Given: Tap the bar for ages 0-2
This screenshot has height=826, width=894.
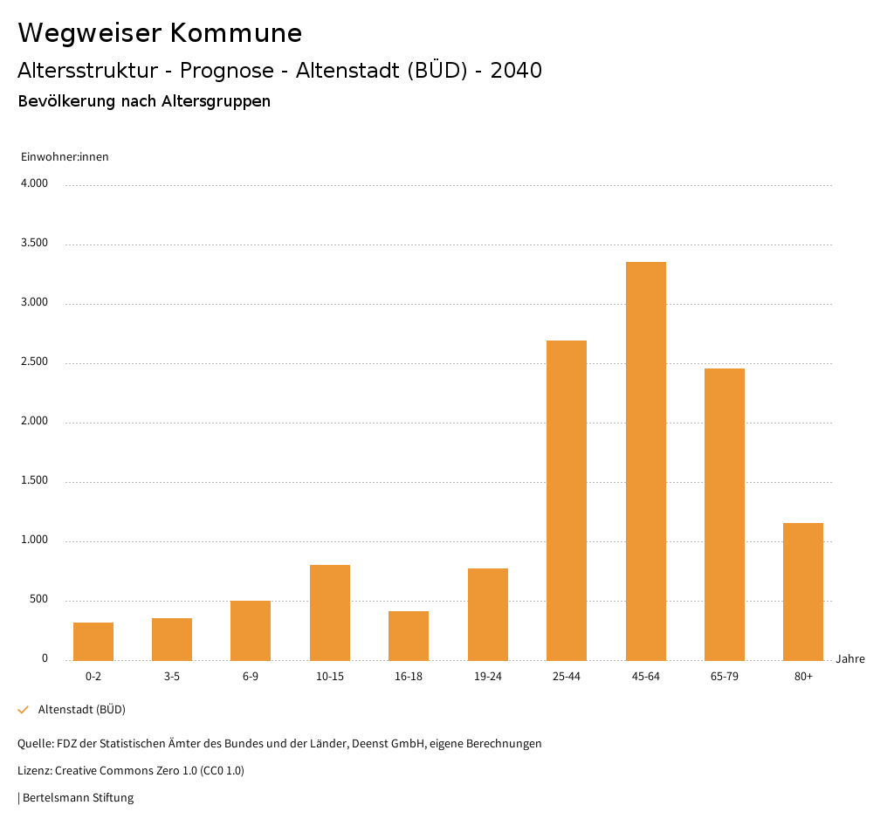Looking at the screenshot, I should tap(93, 642).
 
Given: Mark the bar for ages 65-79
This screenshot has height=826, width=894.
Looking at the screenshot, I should tap(725, 514).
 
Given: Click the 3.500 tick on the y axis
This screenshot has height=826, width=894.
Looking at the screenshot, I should tap(35, 244).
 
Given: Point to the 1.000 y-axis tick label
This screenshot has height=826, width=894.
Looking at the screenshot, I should tap(35, 540).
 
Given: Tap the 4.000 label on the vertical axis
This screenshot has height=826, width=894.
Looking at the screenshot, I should tap(35, 184).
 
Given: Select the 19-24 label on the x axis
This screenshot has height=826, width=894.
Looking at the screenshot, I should tap(487, 677).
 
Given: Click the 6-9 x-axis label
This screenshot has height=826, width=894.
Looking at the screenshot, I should tap(251, 677).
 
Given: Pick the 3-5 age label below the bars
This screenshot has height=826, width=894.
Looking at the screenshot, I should tap(172, 677).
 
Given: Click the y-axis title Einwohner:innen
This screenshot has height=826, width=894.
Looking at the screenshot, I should tap(65, 157).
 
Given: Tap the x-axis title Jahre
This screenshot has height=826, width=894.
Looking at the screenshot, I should tap(849, 659).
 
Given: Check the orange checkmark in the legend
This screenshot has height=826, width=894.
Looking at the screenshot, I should tap(24, 710).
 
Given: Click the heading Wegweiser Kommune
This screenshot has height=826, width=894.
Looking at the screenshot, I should tap(160, 33).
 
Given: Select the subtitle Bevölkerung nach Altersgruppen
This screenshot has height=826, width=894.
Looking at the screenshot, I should tap(144, 101).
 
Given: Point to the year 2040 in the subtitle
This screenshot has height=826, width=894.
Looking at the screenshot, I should tap(516, 71).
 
